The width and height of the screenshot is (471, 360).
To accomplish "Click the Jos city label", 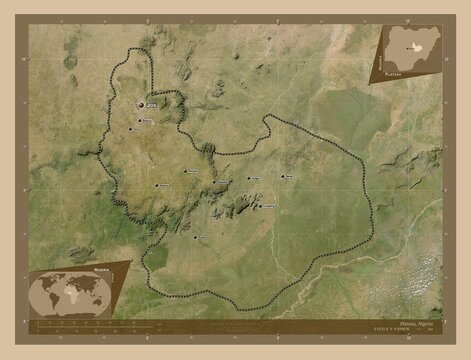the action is click(151, 104).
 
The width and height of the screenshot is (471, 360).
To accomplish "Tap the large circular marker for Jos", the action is click(140, 101).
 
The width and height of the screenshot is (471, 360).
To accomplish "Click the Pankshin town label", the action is click(192, 172).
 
